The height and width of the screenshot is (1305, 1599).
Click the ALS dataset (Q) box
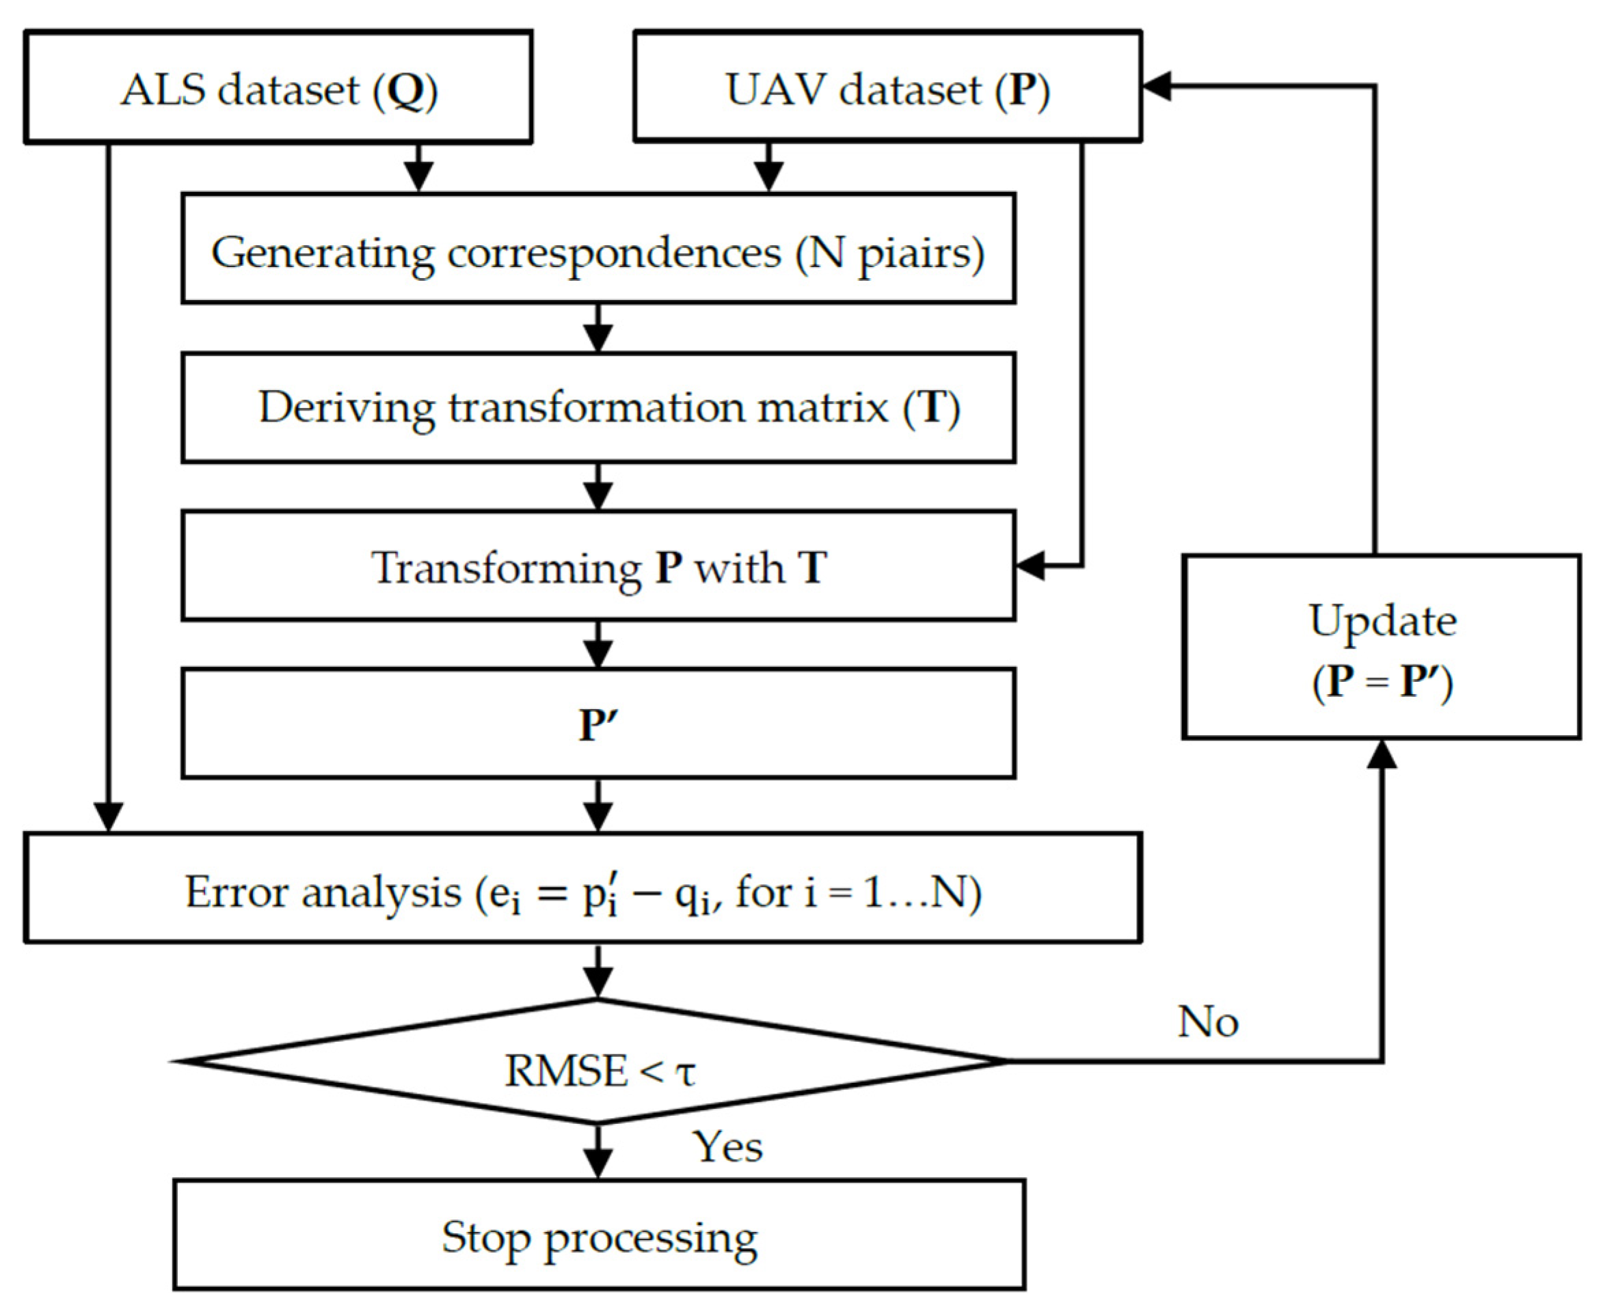(x=278, y=87)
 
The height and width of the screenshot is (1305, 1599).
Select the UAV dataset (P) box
(x=887, y=87)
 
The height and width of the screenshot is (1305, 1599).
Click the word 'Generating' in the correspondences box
(x=323, y=253)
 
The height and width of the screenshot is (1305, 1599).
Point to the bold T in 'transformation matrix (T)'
(x=932, y=407)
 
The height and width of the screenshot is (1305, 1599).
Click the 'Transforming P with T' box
(x=598, y=566)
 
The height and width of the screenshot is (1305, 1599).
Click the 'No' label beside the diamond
(x=1208, y=1022)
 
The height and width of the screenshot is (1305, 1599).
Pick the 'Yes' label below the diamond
(x=727, y=1147)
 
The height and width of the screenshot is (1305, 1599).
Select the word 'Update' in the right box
(x=1382, y=621)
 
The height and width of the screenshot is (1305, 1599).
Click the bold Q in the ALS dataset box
(x=406, y=90)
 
